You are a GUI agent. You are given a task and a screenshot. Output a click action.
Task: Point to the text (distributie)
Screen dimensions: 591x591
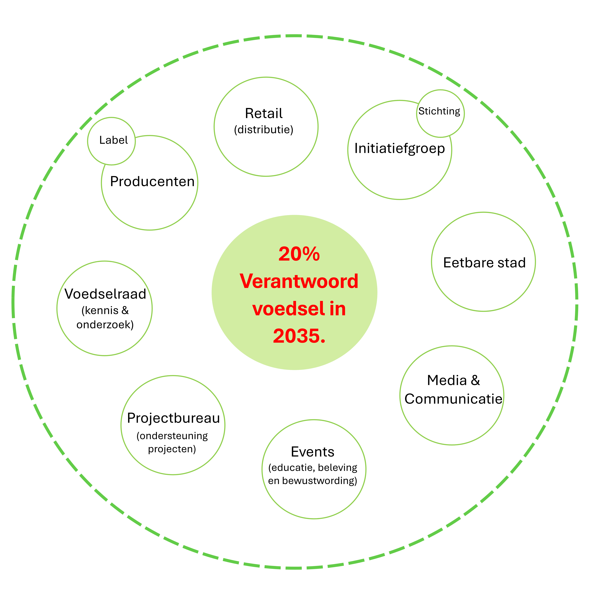(264, 130)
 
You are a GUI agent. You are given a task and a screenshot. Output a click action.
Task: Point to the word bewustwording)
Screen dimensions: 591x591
(319, 481)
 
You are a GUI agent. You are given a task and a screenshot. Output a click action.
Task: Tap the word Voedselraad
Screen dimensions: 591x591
(105, 294)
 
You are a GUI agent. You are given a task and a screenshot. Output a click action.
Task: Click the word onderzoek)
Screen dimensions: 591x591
(105, 325)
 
